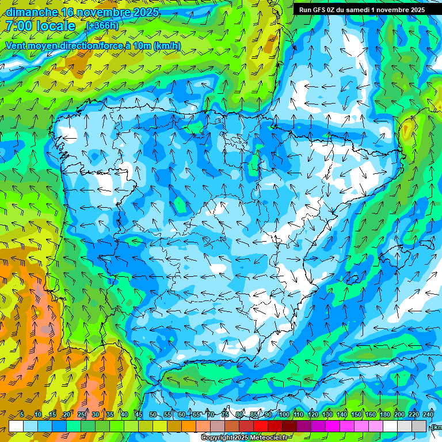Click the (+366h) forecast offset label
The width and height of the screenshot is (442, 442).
coord(102,26)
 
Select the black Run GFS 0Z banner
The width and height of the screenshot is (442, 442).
coord(362,9)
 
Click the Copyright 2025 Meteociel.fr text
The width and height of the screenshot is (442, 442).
coord(245,438)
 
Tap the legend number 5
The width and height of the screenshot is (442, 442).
coord(22,415)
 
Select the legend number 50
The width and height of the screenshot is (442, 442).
coord(153,415)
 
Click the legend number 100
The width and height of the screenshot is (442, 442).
coord(284,415)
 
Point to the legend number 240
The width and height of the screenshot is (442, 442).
coord(428,415)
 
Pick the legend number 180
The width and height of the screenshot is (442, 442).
coord(385,415)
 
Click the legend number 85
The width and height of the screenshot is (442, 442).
coord(254,415)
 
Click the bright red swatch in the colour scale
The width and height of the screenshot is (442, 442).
coord(261,426)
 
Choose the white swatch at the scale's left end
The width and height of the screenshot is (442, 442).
coord(16,426)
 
